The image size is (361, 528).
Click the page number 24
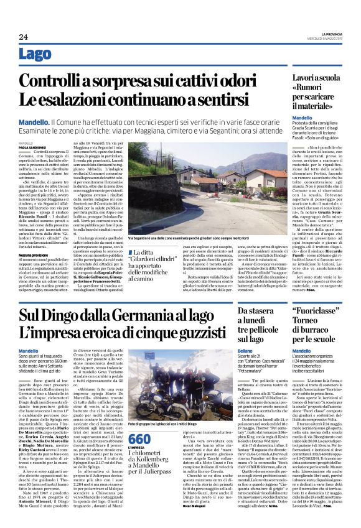coord(24,37)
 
